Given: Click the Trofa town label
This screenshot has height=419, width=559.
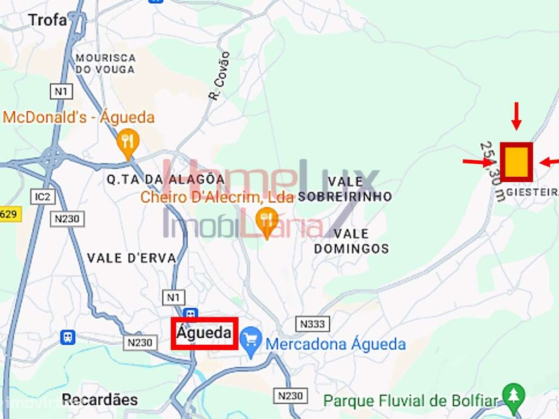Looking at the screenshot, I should [47, 20].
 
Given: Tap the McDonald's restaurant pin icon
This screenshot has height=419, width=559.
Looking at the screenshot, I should [128, 143].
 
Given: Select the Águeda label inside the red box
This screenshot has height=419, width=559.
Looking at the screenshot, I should [204, 333].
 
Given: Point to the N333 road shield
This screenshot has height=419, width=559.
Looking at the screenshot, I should [313, 324].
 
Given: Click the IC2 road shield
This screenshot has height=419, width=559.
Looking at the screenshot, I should [43, 196].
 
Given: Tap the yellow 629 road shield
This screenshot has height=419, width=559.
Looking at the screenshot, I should [9, 214].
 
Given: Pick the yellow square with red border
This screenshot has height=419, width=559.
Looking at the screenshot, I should [516, 162].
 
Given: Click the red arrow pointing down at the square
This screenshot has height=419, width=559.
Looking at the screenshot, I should [516, 116].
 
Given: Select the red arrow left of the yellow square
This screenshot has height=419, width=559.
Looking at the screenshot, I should [477, 161].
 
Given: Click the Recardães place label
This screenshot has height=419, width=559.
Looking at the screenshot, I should [100, 399].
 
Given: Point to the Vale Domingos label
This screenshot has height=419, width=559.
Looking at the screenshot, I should [352, 241].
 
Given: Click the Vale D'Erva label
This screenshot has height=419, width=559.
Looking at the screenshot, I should [132, 258].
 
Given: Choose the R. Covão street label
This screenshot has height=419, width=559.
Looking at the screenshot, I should [220, 76].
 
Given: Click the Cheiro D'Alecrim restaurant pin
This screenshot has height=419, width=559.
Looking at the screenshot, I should [267, 221].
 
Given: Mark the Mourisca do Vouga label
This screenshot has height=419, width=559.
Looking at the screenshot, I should [105, 63].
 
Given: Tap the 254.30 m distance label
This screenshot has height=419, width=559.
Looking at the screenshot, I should [492, 171].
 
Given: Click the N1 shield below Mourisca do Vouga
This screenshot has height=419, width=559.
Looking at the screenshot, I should [61, 91].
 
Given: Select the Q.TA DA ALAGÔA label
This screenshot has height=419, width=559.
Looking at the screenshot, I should [165, 179].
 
